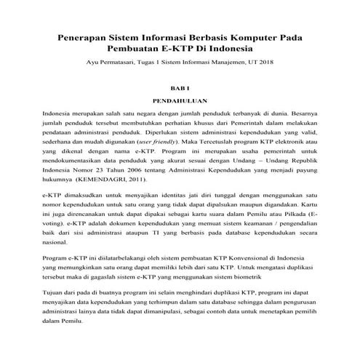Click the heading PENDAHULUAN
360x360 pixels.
pyautogui.click(x=180, y=102)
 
